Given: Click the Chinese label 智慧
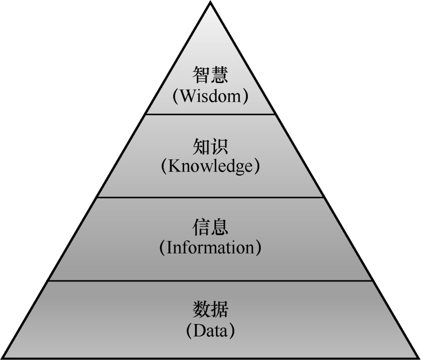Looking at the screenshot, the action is pyautogui.click(x=210, y=75).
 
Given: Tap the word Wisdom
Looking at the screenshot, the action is pyautogui.click(x=210, y=96).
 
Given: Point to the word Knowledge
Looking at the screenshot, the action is pyautogui.click(x=210, y=167).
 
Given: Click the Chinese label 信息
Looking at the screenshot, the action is pyautogui.click(x=210, y=227).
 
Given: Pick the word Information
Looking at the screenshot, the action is pyautogui.click(x=210, y=248).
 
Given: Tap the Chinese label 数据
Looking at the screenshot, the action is pyautogui.click(x=210, y=310).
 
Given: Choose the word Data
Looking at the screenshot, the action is pyautogui.click(x=210, y=331).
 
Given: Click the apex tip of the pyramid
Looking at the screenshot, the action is pyautogui.click(x=210, y=2).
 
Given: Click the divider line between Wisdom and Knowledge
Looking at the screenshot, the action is pyautogui.click(x=210, y=114).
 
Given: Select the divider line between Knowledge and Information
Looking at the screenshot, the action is pyautogui.click(x=210, y=197).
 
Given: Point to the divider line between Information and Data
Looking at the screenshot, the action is pyautogui.click(x=210, y=280).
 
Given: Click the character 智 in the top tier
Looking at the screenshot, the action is pyautogui.click(x=201, y=75).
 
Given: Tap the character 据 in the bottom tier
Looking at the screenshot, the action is pyautogui.click(x=219, y=310).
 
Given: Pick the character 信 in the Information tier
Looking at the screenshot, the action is pyautogui.click(x=201, y=227).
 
